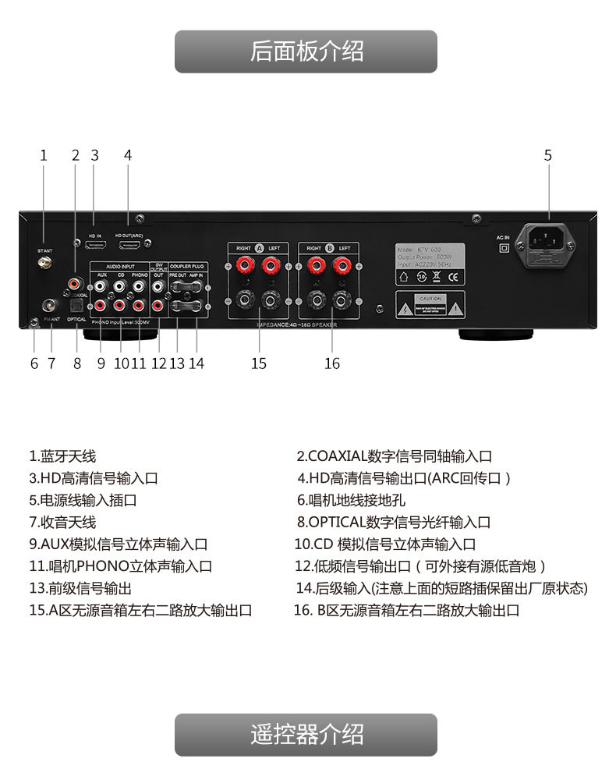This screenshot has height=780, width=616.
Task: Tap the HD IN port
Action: click(96, 245)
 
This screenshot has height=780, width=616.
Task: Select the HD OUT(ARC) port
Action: click(129, 245)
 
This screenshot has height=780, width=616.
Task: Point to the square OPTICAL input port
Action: click(76, 305)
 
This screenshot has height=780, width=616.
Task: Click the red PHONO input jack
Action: click(140, 305)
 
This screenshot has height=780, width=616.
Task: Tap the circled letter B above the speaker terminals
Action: click(329, 248)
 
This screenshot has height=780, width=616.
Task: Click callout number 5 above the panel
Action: click(548, 155)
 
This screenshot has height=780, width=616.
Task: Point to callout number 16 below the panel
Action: click(332, 363)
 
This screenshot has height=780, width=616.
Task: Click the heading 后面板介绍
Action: click(306, 51)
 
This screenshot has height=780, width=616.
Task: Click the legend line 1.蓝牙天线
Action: click(62, 456)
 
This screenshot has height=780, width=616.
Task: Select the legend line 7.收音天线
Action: click(62, 522)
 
